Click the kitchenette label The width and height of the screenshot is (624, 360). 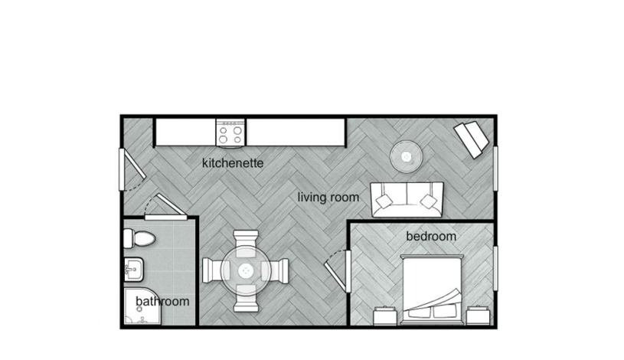(233, 163)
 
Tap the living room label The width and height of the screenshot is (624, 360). (328, 197)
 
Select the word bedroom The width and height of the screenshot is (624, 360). (431, 236)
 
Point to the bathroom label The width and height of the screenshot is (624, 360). (162, 301)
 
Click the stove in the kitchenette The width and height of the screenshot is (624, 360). (230, 133)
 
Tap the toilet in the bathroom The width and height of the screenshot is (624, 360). (139, 238)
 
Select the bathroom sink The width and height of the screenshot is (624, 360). (134, 270)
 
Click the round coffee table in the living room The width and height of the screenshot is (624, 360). (406, 156)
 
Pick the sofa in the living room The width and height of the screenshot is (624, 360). (407, 200)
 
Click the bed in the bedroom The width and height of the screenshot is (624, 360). (432, 288)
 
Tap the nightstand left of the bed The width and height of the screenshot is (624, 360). (385, 316)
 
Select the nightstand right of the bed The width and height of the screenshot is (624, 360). (478, 316)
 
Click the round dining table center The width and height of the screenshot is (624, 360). (246, 271)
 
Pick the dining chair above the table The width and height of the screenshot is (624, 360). (246, 244)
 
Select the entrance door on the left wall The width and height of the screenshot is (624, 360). (132, 169)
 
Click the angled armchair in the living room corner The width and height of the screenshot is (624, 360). (472, 139)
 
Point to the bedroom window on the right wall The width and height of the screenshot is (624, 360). (495, 268)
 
